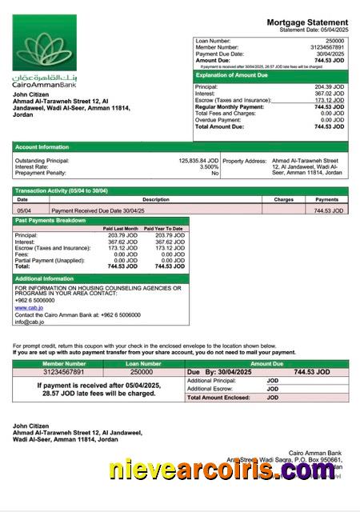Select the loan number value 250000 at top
coord(334,40)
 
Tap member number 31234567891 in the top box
coord(326,46)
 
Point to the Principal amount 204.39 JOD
coord(329,86)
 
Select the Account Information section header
coord(42,147)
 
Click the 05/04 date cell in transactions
coord(24,210)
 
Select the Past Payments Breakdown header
coord(50,220)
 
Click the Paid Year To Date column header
coord(163,229)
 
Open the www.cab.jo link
coord(29,306)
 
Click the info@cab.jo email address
coord(30,322)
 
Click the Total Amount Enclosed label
coord(219,397)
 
